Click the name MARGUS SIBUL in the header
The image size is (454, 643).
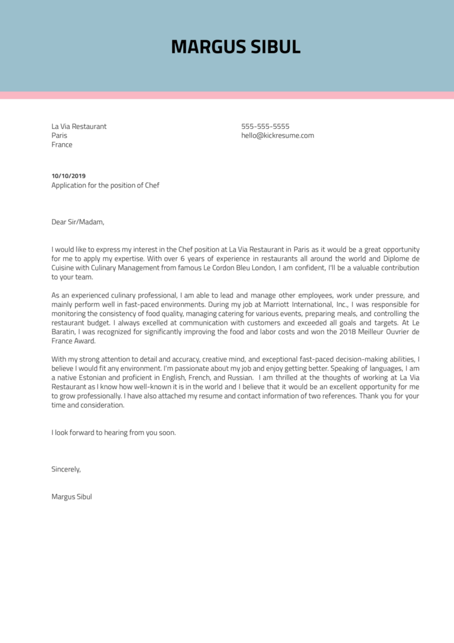tap(236, 47)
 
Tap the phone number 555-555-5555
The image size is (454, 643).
tap(265, 127)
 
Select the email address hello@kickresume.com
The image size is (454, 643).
tap(277, 135)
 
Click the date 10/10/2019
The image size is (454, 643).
tap(69, 176)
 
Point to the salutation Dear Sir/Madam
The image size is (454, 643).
tap(77, 222)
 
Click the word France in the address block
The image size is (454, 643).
tap(62, 145)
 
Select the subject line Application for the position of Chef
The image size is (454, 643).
tap(105, 185)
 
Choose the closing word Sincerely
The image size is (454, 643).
tap(66, 469)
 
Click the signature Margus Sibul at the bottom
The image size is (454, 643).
tap(72, 497)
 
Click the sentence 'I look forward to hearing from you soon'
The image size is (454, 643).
tap(113, 432)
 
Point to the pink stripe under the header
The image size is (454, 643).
tap(227, 95)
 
